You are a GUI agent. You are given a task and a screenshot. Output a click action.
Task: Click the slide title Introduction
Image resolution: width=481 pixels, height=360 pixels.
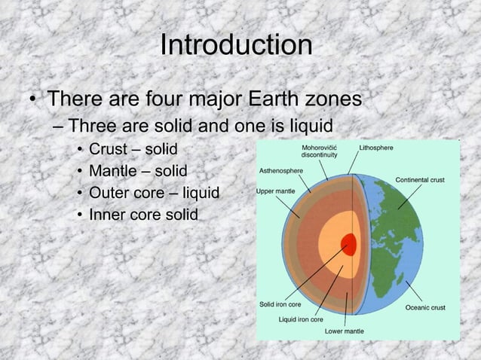pyautogui.click(x=236, y=45)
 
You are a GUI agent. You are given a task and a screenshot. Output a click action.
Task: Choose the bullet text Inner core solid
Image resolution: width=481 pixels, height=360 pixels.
pyautogui.click(x=143, y=215)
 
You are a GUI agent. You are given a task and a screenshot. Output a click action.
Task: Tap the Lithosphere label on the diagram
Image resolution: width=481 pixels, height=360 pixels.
pyautogui.click(x=375, y=148)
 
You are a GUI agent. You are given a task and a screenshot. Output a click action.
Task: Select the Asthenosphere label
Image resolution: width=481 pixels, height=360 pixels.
pyautogui.click(x=281, y=171)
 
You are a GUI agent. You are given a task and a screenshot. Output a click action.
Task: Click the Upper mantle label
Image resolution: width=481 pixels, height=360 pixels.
pyautogui.click(x=276, y=191)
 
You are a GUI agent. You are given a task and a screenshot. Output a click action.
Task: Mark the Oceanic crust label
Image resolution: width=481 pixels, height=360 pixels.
pyautogui.click(x=425, y=307)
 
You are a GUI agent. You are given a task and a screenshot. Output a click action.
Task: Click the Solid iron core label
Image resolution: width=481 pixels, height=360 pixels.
pyautogui.click(x=280, y=305)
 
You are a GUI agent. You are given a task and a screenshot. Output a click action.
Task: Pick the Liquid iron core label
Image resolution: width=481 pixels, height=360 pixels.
pyautogui.click(x=301, y=320)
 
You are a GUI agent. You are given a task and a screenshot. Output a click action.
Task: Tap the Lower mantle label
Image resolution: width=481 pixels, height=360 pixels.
pyautogui.click(x=345, y=331)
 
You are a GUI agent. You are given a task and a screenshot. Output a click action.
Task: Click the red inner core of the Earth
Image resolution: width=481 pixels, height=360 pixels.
pyautogui.click(x=348, y=244)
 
